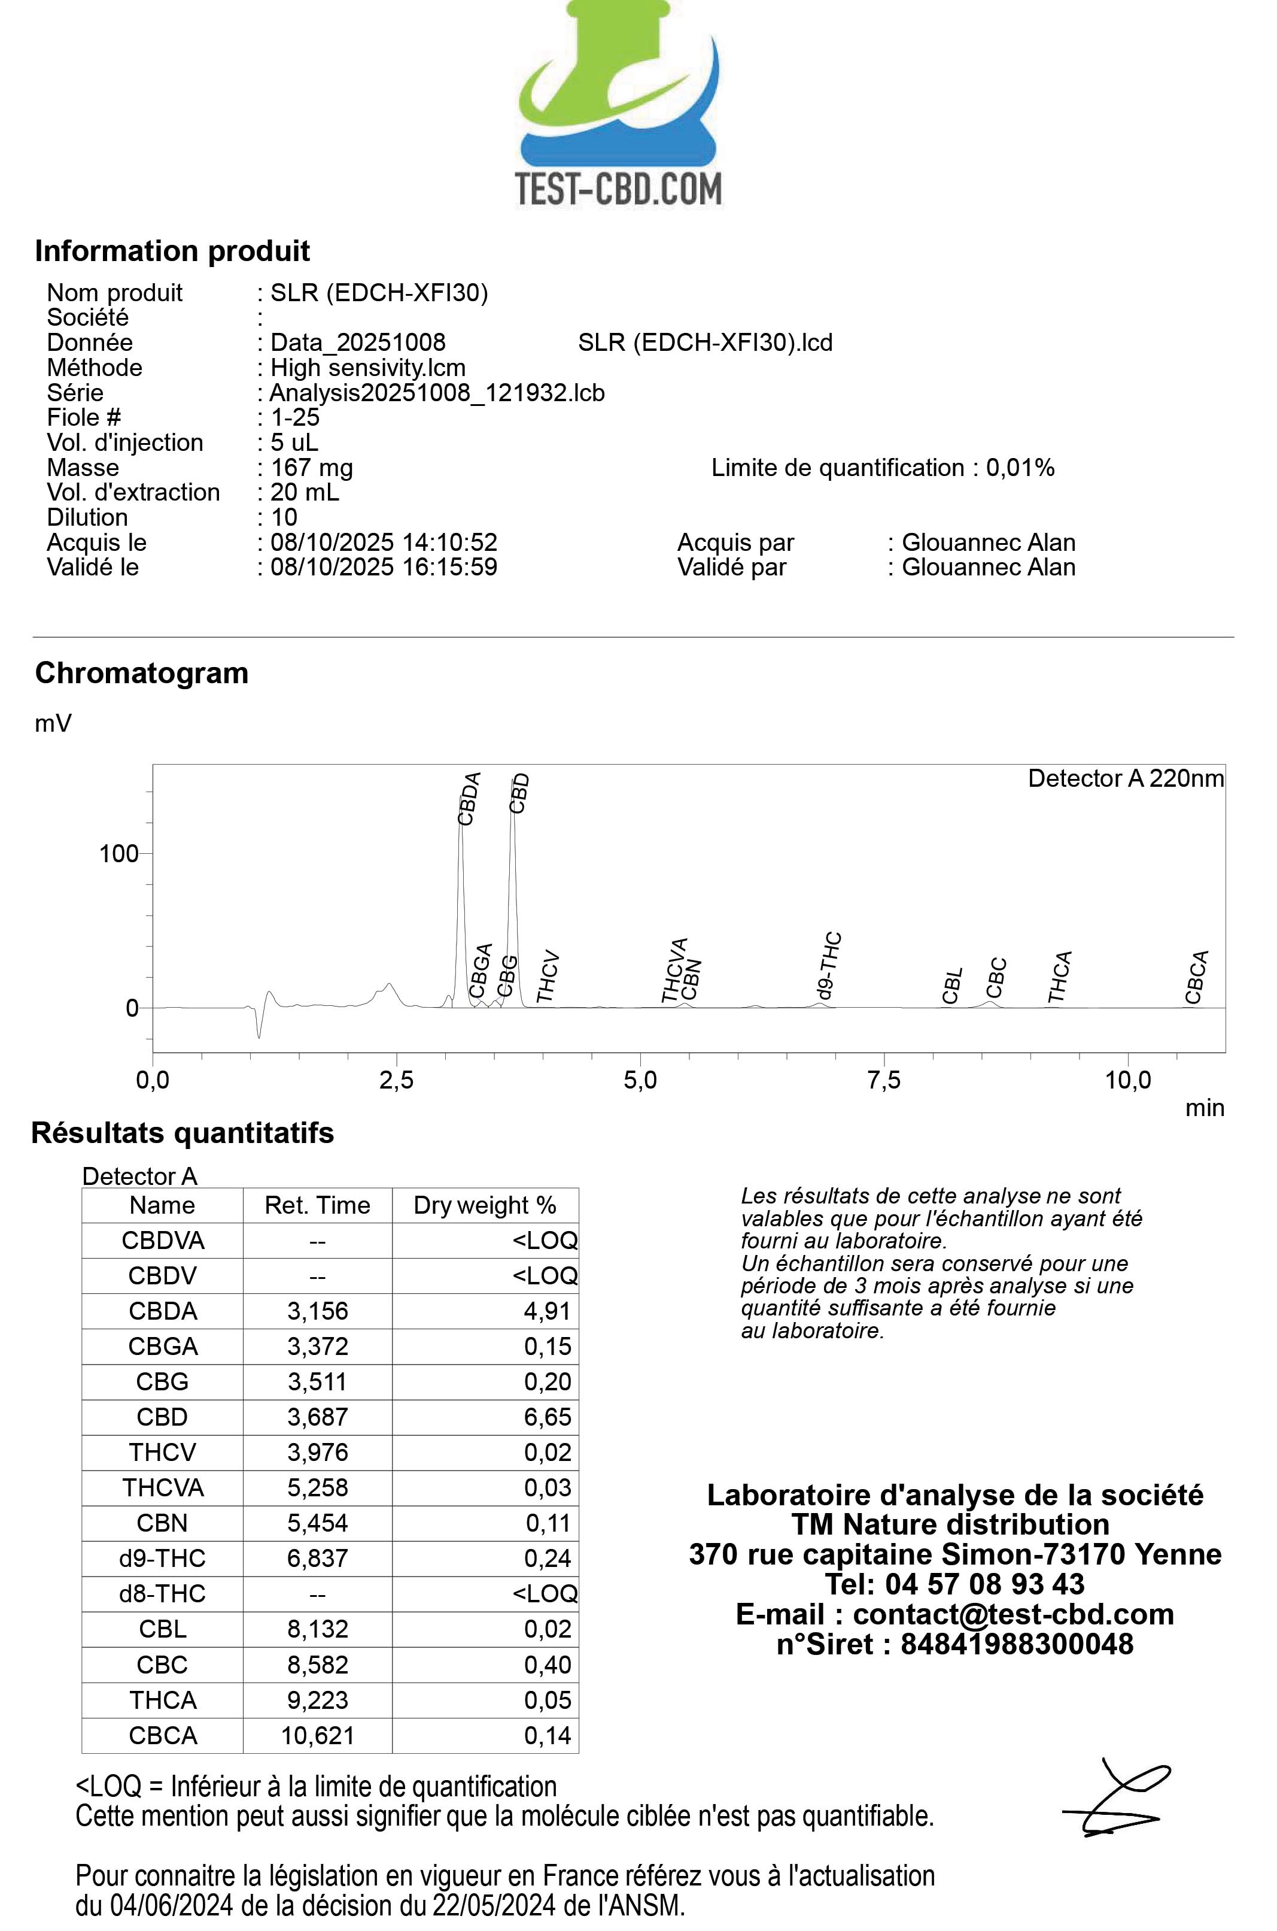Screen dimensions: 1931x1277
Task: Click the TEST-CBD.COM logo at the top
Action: [x=619, y=106]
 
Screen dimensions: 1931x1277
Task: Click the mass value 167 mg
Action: [x=312, y=468]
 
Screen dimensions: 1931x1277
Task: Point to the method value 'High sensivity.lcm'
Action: [x=367, y=368]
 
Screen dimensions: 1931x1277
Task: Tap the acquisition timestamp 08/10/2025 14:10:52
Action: [x=384, y=542]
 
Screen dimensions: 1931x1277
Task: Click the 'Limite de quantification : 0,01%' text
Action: [x=883, y=468]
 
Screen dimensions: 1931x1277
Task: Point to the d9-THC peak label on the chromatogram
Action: [x=828, y=966]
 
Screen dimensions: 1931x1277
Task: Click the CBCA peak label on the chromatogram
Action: [x=1196, y=978]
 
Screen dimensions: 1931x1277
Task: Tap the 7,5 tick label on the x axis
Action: [x=884, y=1080]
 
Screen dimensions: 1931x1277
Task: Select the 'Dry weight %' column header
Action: [x=485, y=1205]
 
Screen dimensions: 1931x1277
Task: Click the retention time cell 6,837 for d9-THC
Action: [x=318, y=1558]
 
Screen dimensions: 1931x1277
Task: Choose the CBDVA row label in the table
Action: [x=163, y=1240]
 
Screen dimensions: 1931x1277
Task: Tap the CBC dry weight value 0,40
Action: [x=548, y=1664]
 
